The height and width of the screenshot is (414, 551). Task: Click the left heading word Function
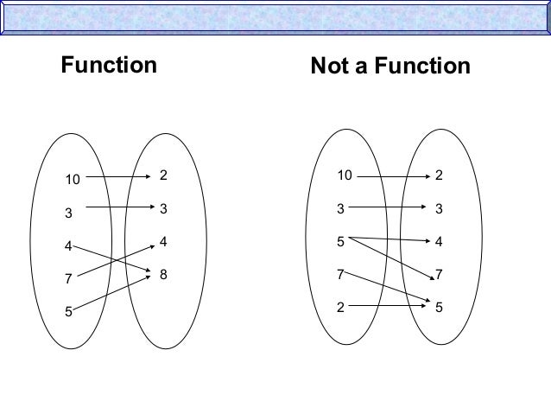[x=108, y=66]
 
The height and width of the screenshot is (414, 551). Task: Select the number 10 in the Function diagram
[x=70, y=181]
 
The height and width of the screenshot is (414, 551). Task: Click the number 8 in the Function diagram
[x=162, y=274]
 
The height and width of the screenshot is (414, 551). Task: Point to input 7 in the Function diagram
[x=67, y=278]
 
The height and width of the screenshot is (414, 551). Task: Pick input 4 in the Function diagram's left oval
[x=67, y=246]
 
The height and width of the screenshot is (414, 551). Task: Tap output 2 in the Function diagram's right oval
[x=162, y=175]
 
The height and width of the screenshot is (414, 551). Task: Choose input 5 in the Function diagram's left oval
[x=67, y=311]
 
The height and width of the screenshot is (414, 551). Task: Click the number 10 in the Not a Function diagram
[x=345, y=175]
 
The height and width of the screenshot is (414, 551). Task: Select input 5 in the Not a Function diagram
[x=341, y=241]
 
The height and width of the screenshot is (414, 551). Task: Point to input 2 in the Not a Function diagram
[x=341, y=307]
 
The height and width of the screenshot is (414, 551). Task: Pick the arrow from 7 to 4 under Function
[x=112, y=260]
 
